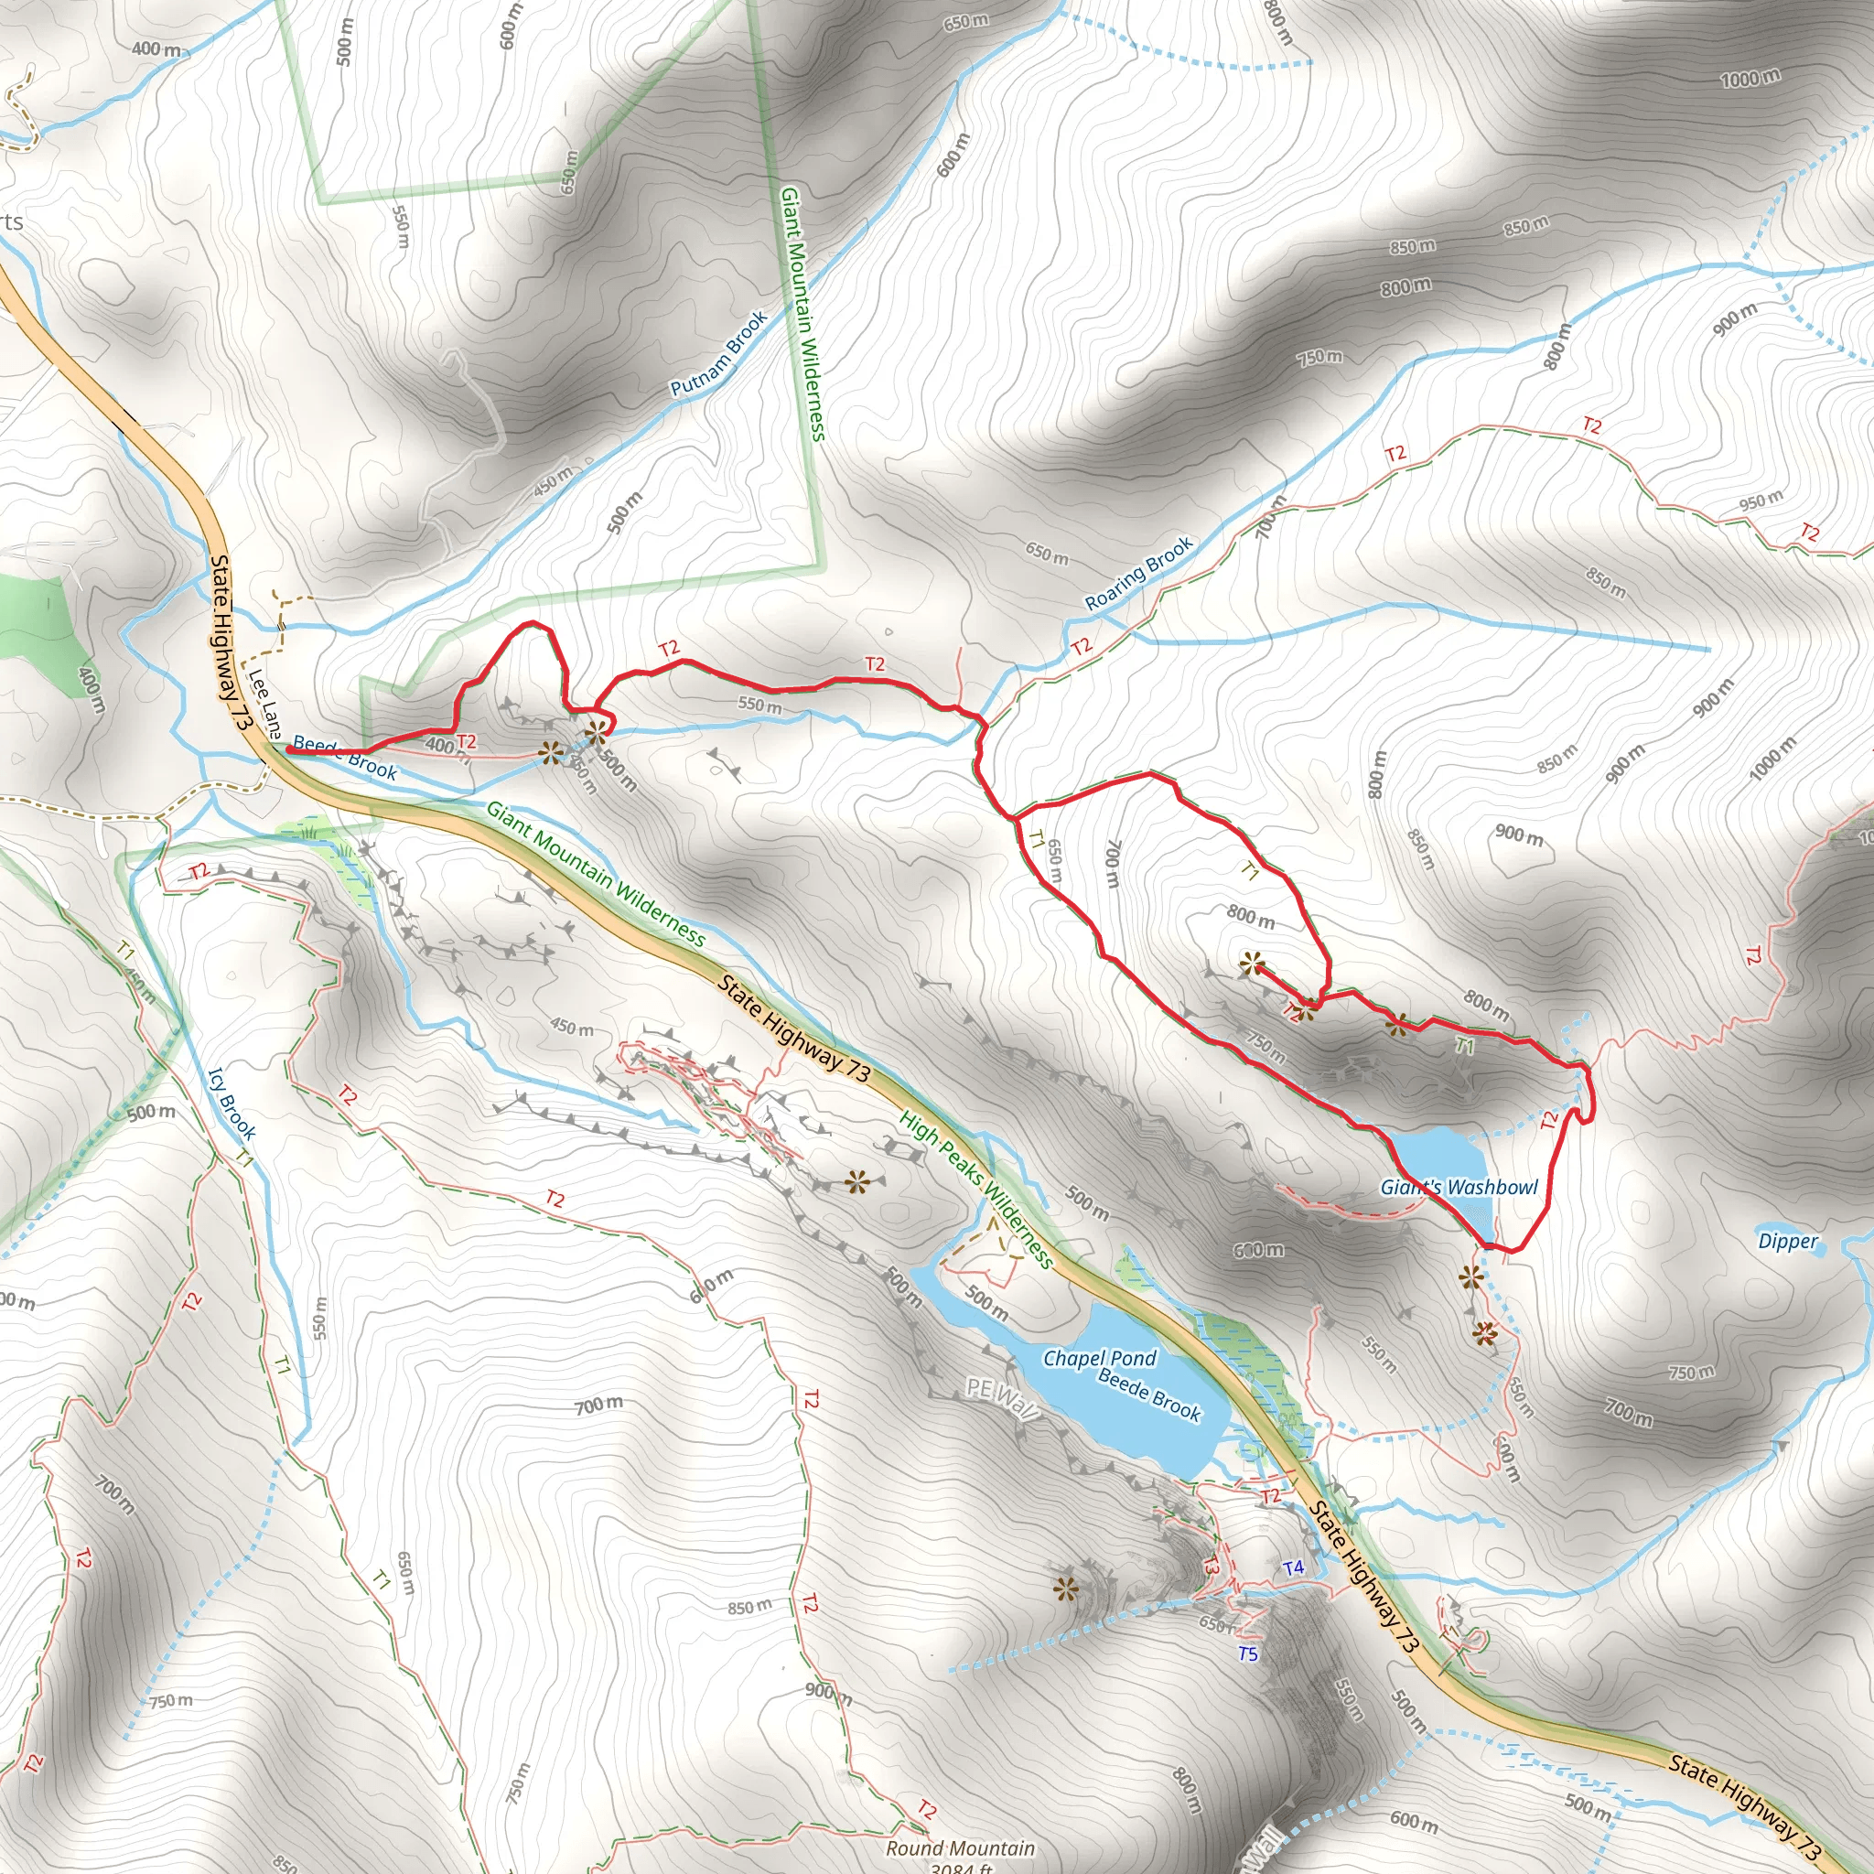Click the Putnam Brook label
718,353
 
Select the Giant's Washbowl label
1459,1187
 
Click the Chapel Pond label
1099,1358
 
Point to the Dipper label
1788,1242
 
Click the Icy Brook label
232,1104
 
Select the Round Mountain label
960,1848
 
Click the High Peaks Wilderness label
975,1190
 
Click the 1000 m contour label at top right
1750,78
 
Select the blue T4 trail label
1293,1567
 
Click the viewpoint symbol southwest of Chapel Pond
1066,1589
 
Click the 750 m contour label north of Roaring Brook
1320,357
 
